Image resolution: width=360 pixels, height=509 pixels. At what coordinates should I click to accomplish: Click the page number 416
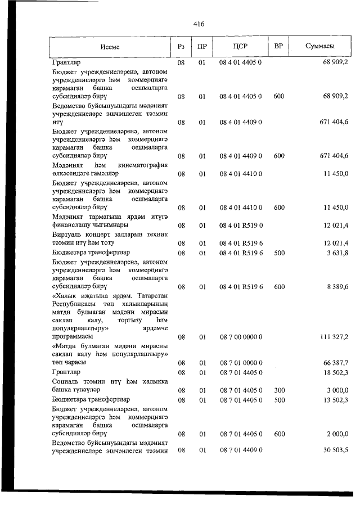pos(198,24)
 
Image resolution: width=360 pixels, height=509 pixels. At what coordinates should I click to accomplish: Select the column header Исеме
pos(110,47)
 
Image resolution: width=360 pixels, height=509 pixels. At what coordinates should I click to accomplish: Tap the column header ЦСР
pos(240,47)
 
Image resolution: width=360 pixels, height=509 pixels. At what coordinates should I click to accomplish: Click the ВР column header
pos(278,47)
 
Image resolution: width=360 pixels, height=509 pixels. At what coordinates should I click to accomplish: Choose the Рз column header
pos(181,47)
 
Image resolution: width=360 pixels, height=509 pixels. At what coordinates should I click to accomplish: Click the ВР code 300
pos(278,390)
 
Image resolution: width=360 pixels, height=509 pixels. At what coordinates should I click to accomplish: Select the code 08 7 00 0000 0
pos(241,337)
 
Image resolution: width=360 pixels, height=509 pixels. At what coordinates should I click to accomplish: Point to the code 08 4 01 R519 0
pos(241,226)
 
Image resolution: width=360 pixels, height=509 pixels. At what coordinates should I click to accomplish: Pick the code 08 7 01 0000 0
pos(241,363)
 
